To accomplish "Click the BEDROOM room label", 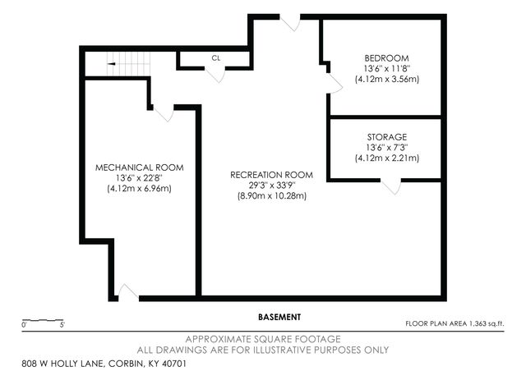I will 386,57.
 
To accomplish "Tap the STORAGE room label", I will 386,136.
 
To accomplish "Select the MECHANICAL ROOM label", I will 139,167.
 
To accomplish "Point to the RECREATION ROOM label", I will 271,174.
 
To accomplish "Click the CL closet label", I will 216,58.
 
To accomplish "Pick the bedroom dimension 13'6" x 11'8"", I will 386,69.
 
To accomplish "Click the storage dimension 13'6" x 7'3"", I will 386,147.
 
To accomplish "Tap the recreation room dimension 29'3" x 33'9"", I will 271,185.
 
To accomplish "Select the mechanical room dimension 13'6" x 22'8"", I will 139,178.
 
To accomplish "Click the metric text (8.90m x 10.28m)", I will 271,196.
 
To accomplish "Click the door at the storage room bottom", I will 392,187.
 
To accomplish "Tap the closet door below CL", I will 216,73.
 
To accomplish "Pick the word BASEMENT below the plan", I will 279,317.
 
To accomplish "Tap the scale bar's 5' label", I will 62,326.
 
